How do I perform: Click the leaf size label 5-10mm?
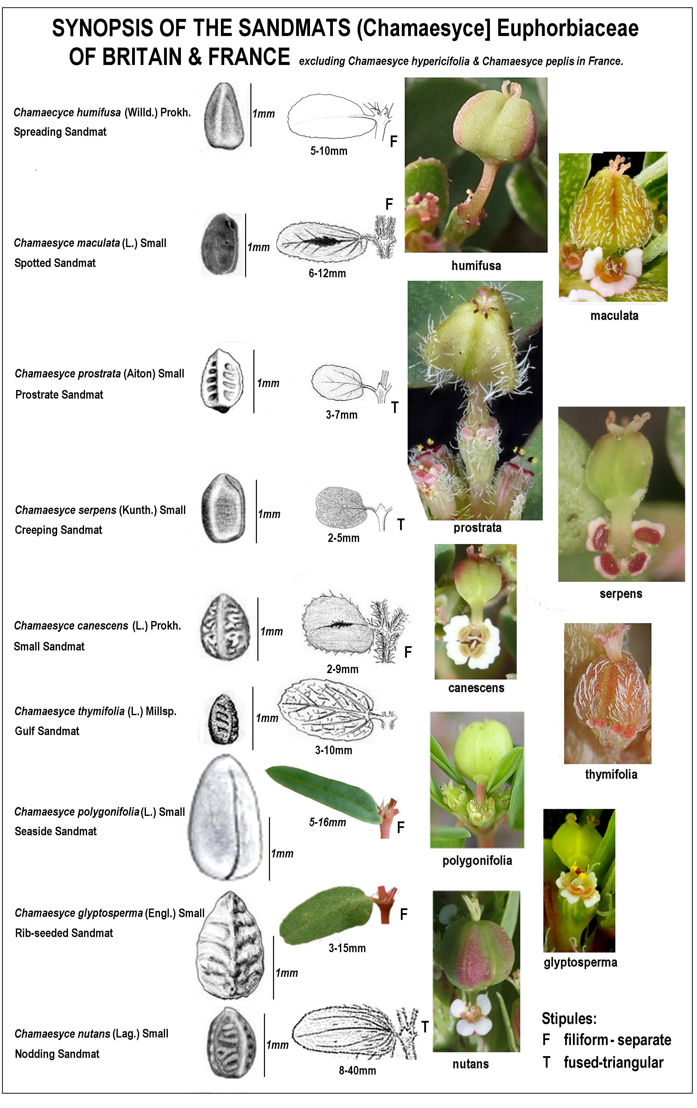coord(328,151)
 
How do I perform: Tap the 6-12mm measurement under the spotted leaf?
coord(327,273)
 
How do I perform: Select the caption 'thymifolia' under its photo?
coord(611,774)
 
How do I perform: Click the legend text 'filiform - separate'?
coord(617,1040)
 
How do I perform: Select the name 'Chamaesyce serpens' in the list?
coord(66,510)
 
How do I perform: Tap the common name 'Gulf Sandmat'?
coord(47,731)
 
